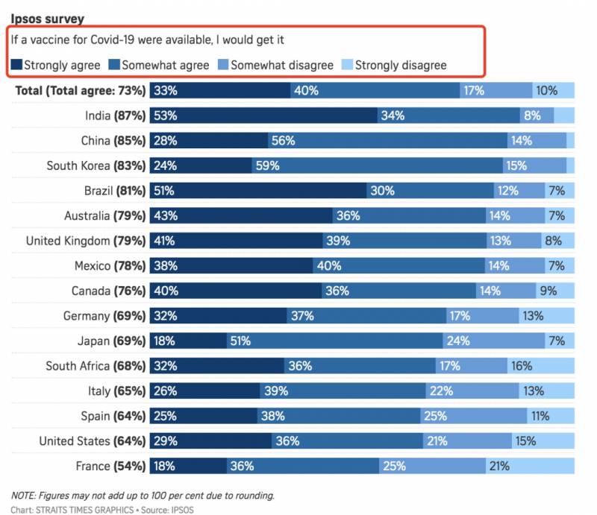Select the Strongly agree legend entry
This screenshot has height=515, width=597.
(56, 65)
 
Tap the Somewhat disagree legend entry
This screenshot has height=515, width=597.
(275, 65)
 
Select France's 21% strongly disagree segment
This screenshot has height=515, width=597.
(531, 467)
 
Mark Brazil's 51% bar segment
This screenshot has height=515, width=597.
(257, 191)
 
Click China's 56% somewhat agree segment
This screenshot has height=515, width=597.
(387, 141)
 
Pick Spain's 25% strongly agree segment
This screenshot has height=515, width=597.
(204, 416)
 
